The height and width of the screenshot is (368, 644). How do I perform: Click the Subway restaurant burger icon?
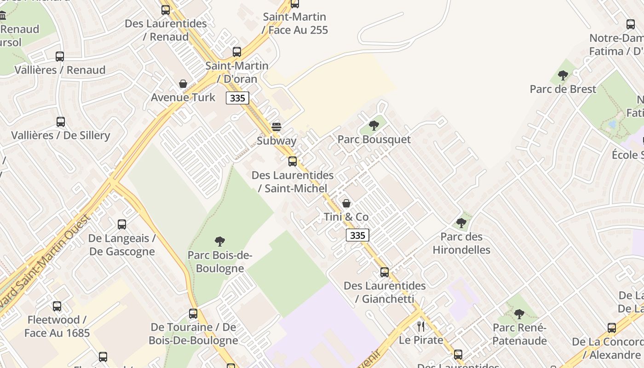tap(276, 126)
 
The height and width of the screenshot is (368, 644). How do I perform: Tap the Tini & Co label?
tap(346, 217)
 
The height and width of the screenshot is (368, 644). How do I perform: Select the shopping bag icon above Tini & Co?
tap(346, 203)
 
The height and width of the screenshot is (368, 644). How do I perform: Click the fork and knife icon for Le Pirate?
tap(421, 327)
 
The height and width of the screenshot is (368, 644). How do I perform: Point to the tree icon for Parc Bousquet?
tap(374, 125)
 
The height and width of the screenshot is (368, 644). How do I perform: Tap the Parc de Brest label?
tap(563, 89)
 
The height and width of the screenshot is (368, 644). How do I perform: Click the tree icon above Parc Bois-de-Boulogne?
tap(220, 241)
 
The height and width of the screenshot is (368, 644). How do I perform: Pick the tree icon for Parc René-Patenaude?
tap(519, 314)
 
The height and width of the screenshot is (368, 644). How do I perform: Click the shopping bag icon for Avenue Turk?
tap(183, 84)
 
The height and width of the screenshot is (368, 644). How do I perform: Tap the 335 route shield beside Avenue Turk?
tap(237, 98)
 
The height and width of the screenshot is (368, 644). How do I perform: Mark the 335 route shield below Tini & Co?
tap(357, 236)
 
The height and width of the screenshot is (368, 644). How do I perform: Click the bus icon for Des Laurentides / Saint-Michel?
tap(293, 161)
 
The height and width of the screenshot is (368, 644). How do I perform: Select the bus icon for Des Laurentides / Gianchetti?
tap(385, 272)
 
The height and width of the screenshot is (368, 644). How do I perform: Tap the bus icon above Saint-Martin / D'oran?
tap(237, 52)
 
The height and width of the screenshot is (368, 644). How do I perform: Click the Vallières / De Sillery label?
tap(61, 135)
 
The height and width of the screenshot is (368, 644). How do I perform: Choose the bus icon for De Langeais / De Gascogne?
tap(122, 224)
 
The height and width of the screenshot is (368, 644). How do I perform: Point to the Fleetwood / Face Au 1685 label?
tap(57, 326)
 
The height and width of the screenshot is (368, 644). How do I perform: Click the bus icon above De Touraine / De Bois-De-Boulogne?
tap(193, 314)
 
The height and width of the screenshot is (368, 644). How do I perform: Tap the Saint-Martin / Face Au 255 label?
tap(295, 23)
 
